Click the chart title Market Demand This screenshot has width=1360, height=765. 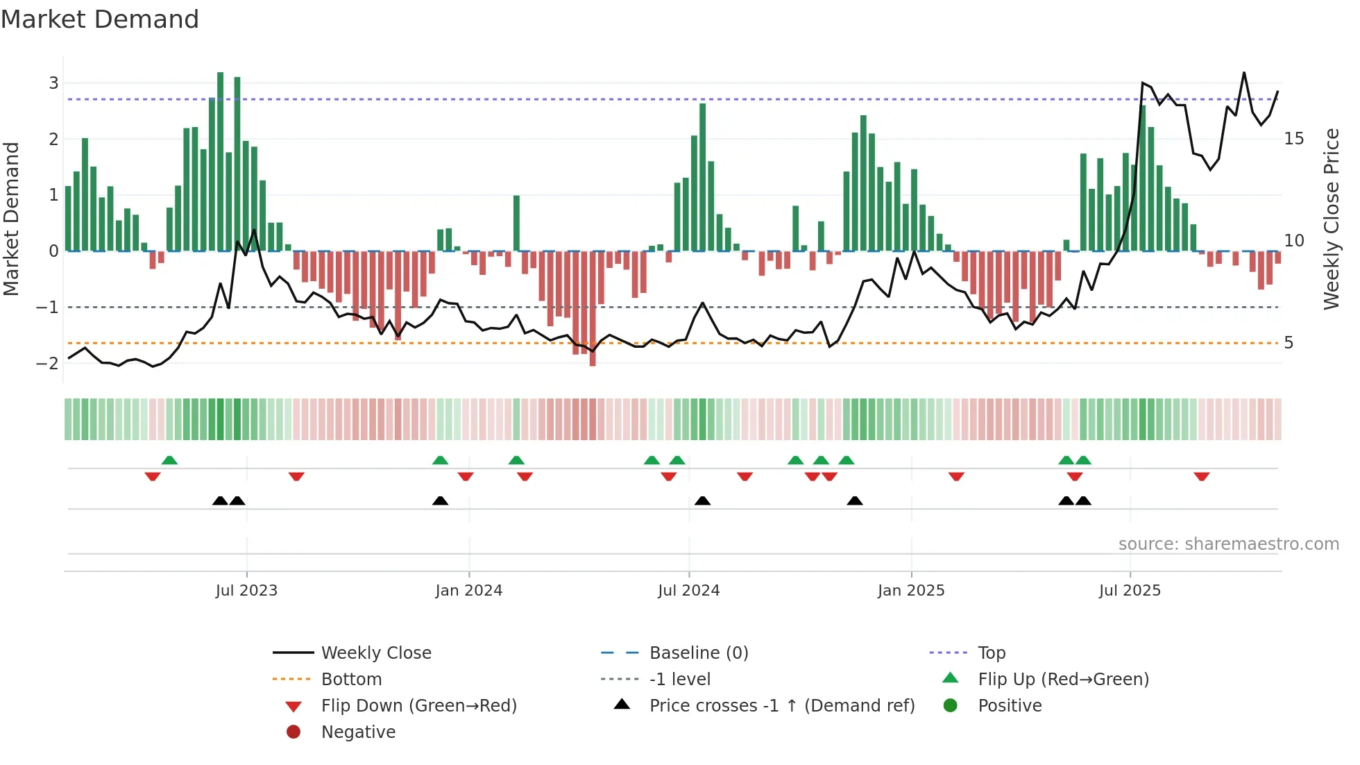[x=100, y=19]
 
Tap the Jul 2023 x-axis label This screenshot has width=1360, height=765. [x=246, y=591]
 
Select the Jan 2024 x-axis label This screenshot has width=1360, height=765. [x=468, y=591]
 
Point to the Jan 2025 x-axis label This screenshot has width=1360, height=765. [x=910, y=591]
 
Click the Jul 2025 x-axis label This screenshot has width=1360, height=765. [x=1130, y=591]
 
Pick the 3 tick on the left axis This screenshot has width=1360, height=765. [x=53, y=83]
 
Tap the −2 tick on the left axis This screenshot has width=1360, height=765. [x=48, y=363]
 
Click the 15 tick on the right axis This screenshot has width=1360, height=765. [x=1293, y=139]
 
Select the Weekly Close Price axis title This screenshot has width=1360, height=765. [x=1331, y=219]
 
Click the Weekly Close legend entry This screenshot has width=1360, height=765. [x=375, y=653]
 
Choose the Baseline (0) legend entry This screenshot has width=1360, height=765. [x=698, y=653]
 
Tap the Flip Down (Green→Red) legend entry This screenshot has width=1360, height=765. [x=418, y=706]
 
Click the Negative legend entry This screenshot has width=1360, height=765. [x=358, y=732]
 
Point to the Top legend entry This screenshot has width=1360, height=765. [x=991, y=653]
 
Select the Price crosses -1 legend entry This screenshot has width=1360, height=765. [x=781, y=706]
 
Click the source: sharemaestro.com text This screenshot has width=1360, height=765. [x=1228, y=544]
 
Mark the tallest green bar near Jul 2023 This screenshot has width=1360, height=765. [x=221, y=160]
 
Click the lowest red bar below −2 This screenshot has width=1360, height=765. [x=593, y=309]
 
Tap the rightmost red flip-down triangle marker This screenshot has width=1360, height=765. [x=1202, y=477]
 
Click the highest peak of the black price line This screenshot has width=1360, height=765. [x=1244, y=73]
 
